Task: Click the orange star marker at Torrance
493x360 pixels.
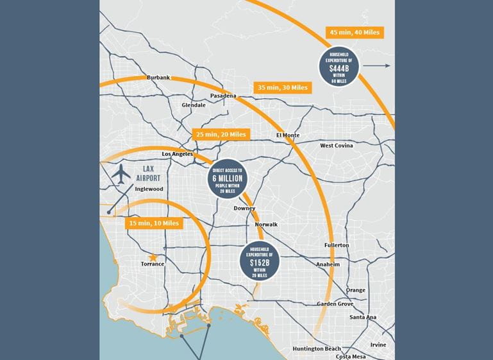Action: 153,257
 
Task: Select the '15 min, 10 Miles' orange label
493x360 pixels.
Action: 154,223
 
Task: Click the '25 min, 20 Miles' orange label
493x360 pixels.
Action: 221,135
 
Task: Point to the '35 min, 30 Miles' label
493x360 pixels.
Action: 283,87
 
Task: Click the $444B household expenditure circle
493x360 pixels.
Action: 339,66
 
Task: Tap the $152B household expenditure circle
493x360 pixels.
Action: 259,261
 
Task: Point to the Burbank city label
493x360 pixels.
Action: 158,78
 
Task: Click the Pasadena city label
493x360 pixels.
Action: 224,96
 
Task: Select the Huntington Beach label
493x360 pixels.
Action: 316,348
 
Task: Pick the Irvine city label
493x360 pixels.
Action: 378,345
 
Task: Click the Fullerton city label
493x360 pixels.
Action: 337,245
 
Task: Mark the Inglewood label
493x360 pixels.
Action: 149,189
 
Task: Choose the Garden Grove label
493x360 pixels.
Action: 335,304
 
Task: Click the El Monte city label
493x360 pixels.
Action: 288,135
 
